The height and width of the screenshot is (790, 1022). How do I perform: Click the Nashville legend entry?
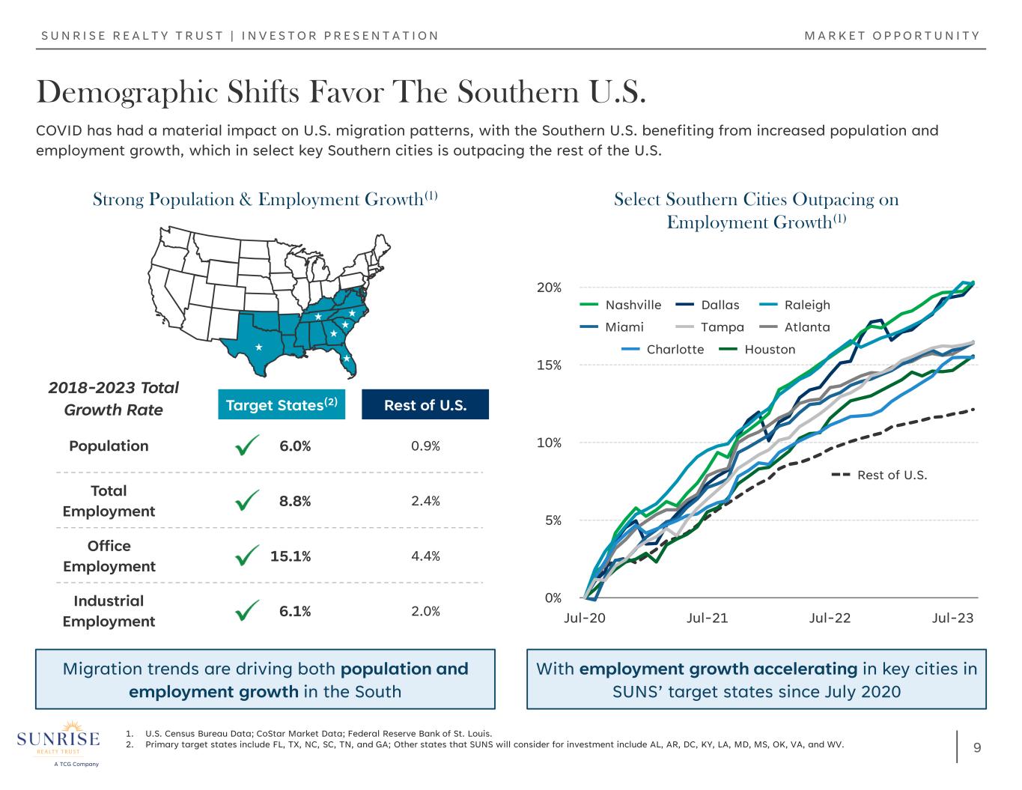click(x=621, y=306)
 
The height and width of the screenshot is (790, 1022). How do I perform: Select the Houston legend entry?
click(x=757, y=350)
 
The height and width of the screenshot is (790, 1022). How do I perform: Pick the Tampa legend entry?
click(x=710, y=327)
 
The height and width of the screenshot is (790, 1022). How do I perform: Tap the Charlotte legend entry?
click(x=663, y=350)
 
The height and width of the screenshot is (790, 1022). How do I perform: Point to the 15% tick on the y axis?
click(x=549, y=365)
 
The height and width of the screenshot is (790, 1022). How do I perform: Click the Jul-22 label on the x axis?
click(x=830, y=618)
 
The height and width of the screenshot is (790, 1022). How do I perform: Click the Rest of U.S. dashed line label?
click(x=880, y=475)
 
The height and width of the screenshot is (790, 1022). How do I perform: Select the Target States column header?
click(x=282, y=404)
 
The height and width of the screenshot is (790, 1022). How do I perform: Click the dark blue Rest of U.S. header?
click(x=425, y=404)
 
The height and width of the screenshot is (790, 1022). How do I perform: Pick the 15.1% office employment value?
click(x=291, y=556)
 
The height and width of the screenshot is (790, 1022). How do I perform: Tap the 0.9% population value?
click(x=425, y=446)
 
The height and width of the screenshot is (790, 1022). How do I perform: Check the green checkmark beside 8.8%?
click(x=247, y=500)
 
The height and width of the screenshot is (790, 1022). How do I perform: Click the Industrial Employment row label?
click(x=109, y=611)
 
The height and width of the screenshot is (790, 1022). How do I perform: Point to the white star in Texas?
click(x=258, y=347)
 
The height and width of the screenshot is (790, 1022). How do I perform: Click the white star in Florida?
click(x=347, y=359)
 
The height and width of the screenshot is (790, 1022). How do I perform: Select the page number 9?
click(x=977, y=747)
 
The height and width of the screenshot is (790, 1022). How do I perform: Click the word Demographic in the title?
click(x=127, y=93)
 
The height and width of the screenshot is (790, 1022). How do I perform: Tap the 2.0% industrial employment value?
click(x=425, y=611)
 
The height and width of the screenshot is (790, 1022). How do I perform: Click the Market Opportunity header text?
click(x=892, y=36)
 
